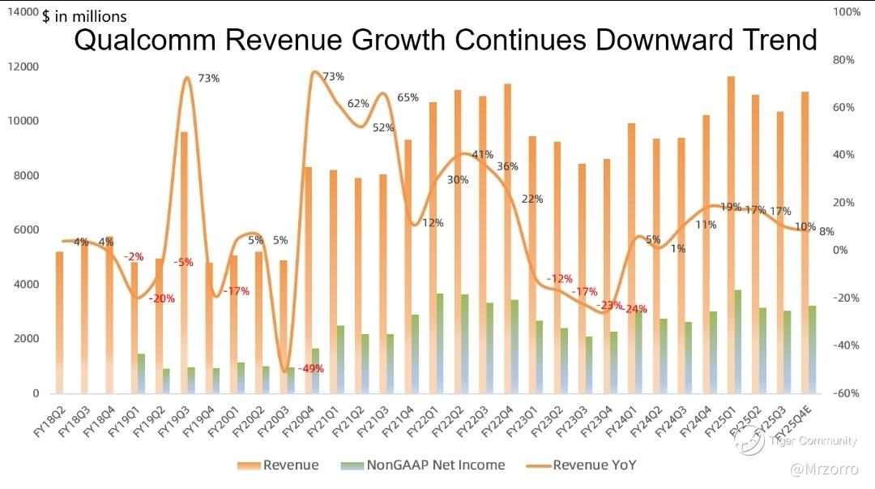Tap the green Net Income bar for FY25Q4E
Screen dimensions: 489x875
pyautogui.click(x=812, y=349)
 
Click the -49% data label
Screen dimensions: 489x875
pyautogui.click(x=310, y=368)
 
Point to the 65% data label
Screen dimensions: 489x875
pyautogui.click(x=408, y=97)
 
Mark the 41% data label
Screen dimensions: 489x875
pyautogui.click(x=483, y=154)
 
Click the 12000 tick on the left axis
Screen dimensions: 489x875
pyautogui.click(x=23, y=66)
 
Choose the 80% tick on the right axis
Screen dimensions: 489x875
pyautogui.click(x=845, y=60)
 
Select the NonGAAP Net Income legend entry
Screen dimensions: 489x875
pyautogui.click(x=436, y=465)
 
